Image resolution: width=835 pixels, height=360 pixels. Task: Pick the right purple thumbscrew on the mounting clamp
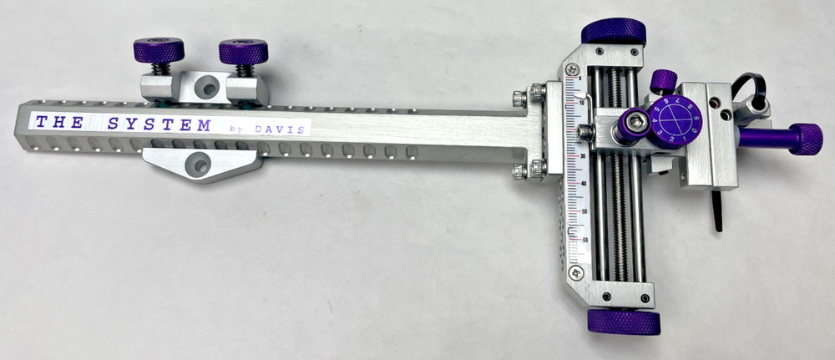[243, 53]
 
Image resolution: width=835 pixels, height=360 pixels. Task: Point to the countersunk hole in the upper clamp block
[205, 86]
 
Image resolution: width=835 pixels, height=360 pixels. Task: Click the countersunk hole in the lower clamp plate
[197, 164]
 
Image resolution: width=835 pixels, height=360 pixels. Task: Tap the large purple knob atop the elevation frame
[614, 32]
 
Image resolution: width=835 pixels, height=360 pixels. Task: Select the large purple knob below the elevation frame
[624, 322]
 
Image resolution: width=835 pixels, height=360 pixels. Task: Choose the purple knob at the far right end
[804, 139]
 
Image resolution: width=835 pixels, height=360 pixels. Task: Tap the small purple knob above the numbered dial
[663, 80]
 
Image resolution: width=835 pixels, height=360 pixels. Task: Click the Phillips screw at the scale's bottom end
[575, 272]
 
